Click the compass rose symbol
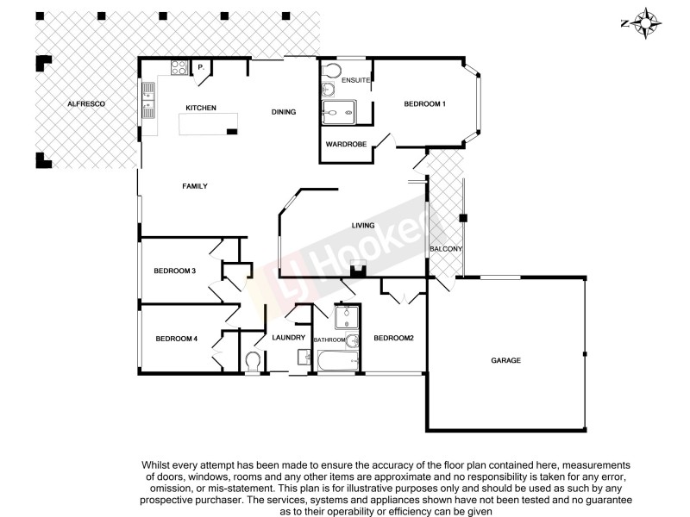[644, 22]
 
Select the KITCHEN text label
[200, 108]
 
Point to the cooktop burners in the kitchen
[179, 67]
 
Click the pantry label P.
[201, 67]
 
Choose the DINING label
[284, 112]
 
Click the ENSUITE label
[355, 81]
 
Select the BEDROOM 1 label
[424, 104]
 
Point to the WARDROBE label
[346, 144]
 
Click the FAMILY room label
[194, 186]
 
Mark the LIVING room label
[363, 226]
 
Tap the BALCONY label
[447, 250]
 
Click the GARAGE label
[505, 360]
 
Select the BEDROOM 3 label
[175, 271]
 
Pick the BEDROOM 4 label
[177, 339]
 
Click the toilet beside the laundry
[254, 360]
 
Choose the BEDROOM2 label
[393, 339]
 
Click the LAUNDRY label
[288, 338]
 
